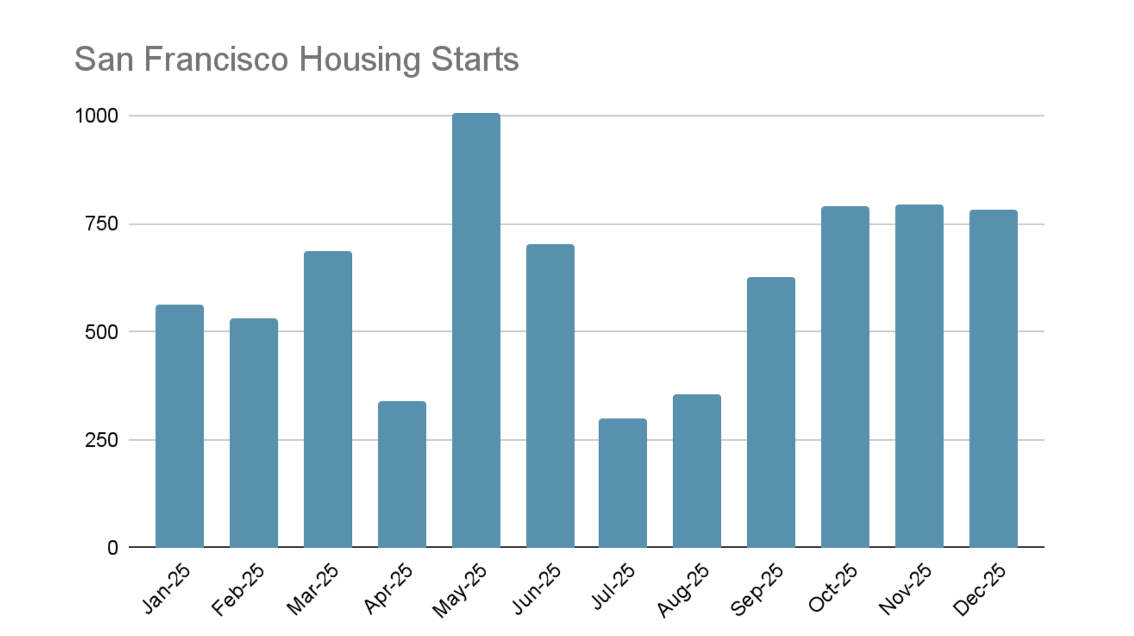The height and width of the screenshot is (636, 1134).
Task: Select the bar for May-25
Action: click(x=476, y=330)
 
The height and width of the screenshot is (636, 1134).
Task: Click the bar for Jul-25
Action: click(x=622, y=482)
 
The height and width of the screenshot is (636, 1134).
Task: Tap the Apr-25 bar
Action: click(x=402, y=474)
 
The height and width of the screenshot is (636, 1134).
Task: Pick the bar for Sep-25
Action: click(x=770, y=412)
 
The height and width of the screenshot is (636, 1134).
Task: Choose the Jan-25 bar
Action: click(x=180, y=426)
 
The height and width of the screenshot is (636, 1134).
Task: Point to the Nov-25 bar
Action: click(x=918, y=376)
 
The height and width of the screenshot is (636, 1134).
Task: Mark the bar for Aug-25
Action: click(x=696, y=471)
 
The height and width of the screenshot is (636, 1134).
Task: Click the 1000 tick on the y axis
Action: click(x=97, y=116)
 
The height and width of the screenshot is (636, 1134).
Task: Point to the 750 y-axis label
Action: click(x=101, y=224)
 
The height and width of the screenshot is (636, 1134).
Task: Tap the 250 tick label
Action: click(x=101, y=440)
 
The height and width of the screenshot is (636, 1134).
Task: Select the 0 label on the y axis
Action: click(x=113, y=548)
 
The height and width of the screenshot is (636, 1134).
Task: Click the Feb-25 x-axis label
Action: click(x=238, y=590)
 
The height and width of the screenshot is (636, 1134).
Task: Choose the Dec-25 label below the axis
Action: click(x=979, y=590)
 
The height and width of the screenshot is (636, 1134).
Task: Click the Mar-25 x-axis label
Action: click(x=312, y=590)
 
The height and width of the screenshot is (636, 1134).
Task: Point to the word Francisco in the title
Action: click(x=216, y=59)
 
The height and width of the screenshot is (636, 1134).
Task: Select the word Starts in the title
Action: click(x=475, y=59)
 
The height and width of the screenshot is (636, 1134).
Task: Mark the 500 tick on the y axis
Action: click(x=101, y=332)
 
